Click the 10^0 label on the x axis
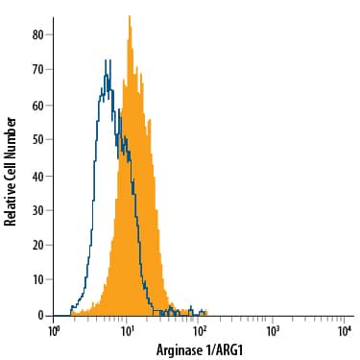coord(55,330)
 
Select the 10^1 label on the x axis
coord(127,330)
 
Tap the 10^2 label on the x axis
coord(200,330)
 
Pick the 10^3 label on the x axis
coord(272,330)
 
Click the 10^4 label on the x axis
coord(344,330)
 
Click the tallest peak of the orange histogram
coord(129,16)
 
